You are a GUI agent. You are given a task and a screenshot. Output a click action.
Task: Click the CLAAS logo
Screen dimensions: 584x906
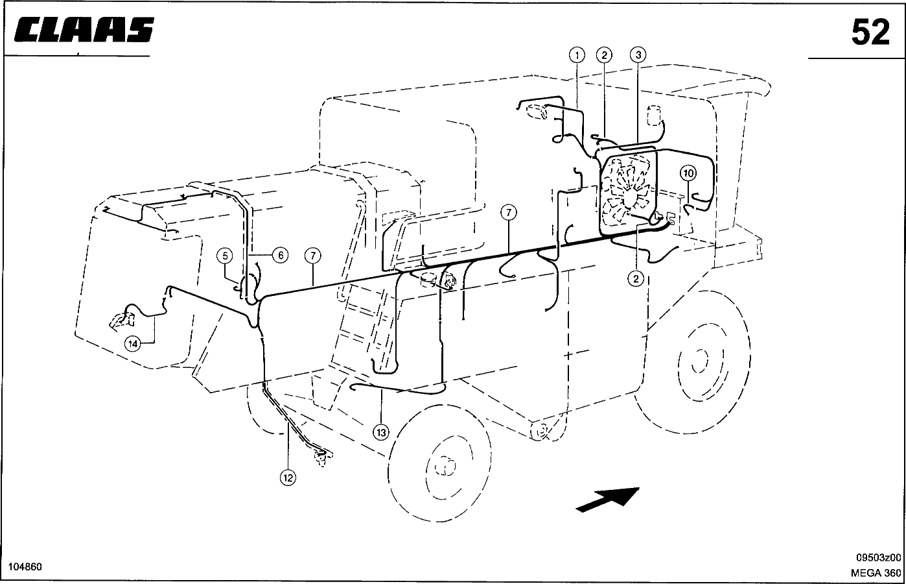(x=82, y=30)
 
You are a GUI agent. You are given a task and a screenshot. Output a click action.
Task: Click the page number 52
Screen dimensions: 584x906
(x=870, y=32)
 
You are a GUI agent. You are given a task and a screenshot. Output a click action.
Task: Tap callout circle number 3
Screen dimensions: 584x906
(x=638, y=55)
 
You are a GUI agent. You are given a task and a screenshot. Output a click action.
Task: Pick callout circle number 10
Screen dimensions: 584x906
(x=688, y=173)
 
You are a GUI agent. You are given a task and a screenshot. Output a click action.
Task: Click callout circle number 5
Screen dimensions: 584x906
(x=224, y=256)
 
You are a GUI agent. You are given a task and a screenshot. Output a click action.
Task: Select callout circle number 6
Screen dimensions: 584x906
(x=281, y=256)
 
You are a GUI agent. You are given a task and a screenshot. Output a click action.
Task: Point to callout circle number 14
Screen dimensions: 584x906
(x=132, y=343)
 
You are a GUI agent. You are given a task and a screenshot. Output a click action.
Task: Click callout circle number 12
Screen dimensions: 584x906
(x=288, y=478)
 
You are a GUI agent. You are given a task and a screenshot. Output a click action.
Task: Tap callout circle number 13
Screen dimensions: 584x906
(x=381, y=432)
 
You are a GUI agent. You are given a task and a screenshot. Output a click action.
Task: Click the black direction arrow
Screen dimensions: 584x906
(x=607, y=498)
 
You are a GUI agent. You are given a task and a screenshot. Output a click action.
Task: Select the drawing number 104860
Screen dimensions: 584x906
(x=22, y=566)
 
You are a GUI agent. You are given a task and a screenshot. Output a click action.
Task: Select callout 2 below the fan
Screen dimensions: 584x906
(x=636, y=278)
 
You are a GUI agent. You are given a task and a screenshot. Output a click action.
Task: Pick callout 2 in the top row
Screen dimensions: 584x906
(x=604, y=55)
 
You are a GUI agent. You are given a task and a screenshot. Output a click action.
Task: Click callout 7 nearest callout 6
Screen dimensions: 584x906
(x=313, y=256)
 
